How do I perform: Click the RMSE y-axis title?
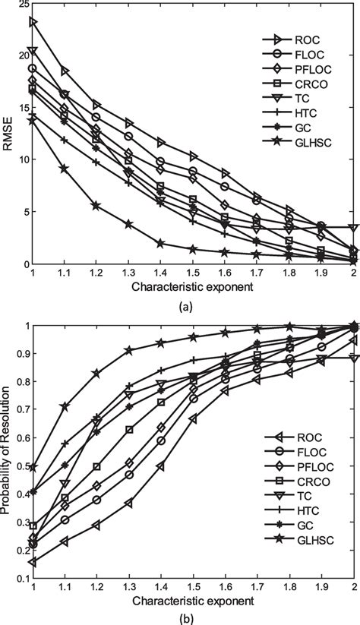(7, 134)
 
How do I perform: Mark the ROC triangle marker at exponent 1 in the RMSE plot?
(33, 22)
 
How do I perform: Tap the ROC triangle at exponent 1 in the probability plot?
(33, 562)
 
